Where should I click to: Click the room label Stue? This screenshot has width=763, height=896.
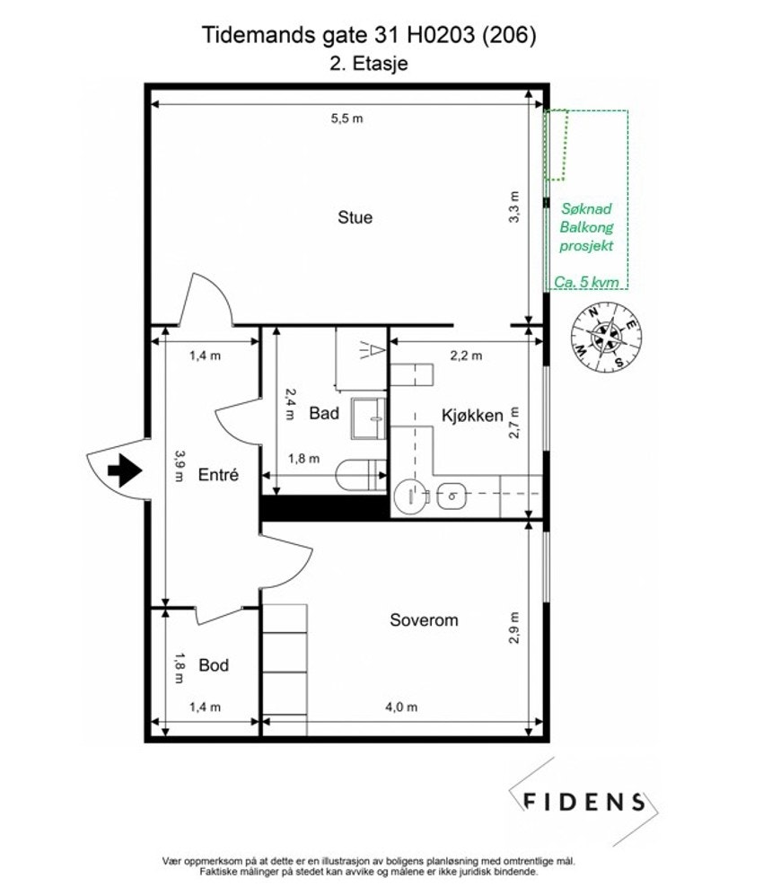coord(355,217)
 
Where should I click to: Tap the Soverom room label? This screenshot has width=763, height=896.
coord(424,619)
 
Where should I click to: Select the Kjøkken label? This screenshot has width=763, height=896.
coord(471,416)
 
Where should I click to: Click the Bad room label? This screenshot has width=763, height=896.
coord(323,413)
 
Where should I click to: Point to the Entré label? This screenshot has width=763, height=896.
coord(218,476)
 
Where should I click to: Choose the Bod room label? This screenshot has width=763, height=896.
coord(214,665)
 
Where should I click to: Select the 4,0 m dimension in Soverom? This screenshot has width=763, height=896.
coord(400,707)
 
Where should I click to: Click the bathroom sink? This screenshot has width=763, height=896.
coord(368,418)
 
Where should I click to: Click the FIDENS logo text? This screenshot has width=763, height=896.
coord(583,801)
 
